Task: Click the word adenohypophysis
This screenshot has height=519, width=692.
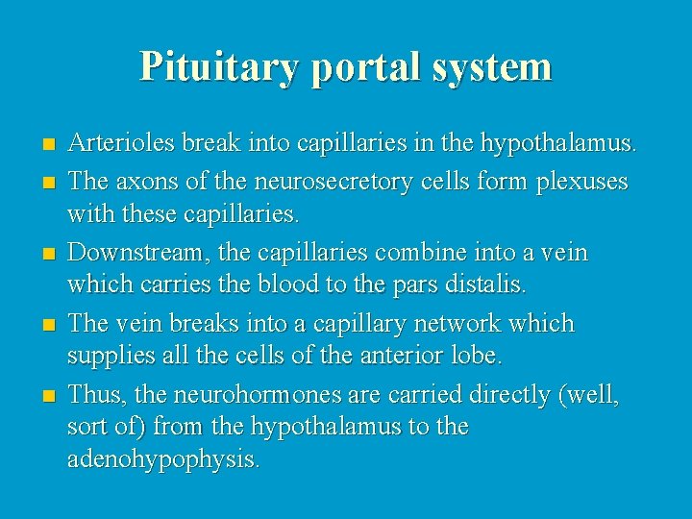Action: (x=163, y=458)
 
